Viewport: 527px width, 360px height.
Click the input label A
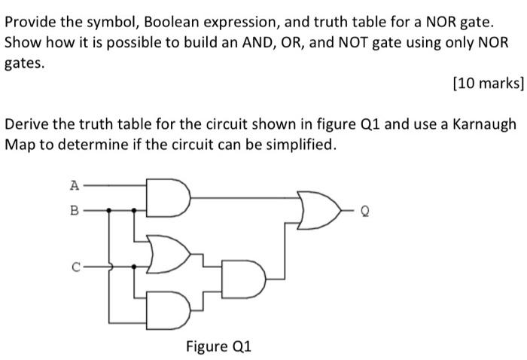pos(74,183)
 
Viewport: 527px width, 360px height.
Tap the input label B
pos(74,211)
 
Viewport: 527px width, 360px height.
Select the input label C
pos(74,266)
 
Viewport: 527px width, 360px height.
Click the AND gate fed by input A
pos(167,197)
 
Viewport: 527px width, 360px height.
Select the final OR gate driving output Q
pos(314,212)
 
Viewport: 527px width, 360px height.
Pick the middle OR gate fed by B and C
pos(168,254)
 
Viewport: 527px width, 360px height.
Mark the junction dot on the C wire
pos(135,266)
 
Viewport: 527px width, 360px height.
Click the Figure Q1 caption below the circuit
pos(218,346)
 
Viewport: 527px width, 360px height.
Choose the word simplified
pos(298,144)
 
